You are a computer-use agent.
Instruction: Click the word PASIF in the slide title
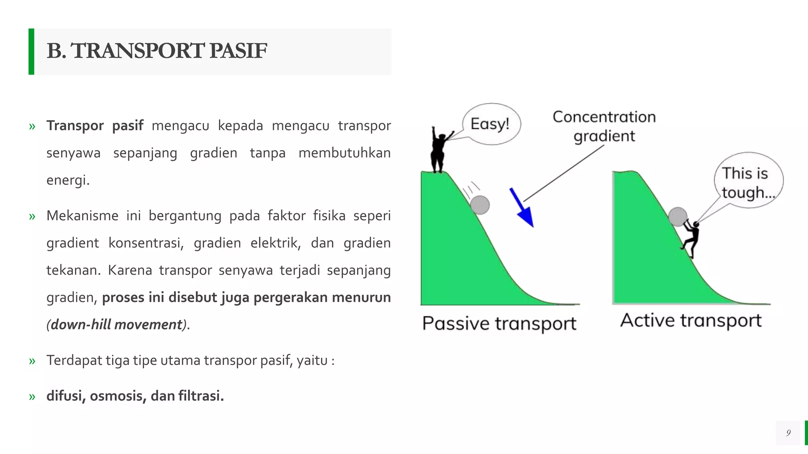tap(238, 51)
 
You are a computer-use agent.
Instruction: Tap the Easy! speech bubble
tap(491, 124)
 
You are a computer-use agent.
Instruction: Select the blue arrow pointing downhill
tap(522, 208)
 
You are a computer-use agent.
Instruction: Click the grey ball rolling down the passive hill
tap(480, 205)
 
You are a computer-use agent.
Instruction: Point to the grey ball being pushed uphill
tap(677, 216)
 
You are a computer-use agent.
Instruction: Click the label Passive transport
tap(499, 324)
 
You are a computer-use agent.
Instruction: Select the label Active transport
tap(690, 320)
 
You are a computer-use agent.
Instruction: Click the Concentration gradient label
tap(604, 126)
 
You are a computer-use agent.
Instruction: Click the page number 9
tap(788, 433)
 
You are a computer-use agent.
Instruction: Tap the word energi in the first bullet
tap(67, 180)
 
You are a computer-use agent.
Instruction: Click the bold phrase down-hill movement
tap(116, 325)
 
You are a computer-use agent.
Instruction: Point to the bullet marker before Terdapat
tap(32, 361)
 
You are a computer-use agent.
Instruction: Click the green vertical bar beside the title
tap(31, 51)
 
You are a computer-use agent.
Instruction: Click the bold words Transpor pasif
tap(95, 126)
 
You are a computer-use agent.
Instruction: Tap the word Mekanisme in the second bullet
tap(82, 216)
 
